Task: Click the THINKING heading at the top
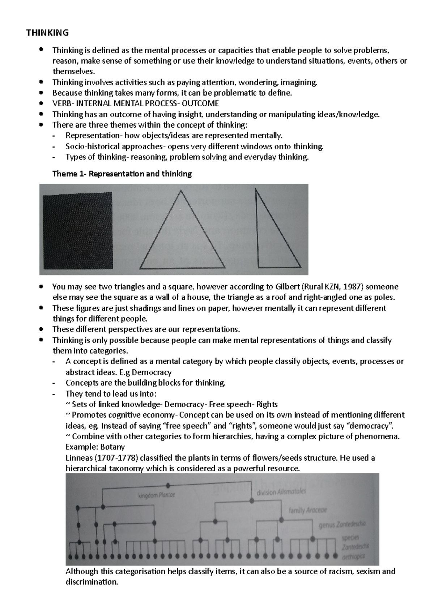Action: [x=47, y=33]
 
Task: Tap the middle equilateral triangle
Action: [x=180, y=239]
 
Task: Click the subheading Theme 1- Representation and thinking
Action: [x=122, y=174]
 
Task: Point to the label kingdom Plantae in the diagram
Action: [x=156, y=495]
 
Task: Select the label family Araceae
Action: [x=307, y=510]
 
